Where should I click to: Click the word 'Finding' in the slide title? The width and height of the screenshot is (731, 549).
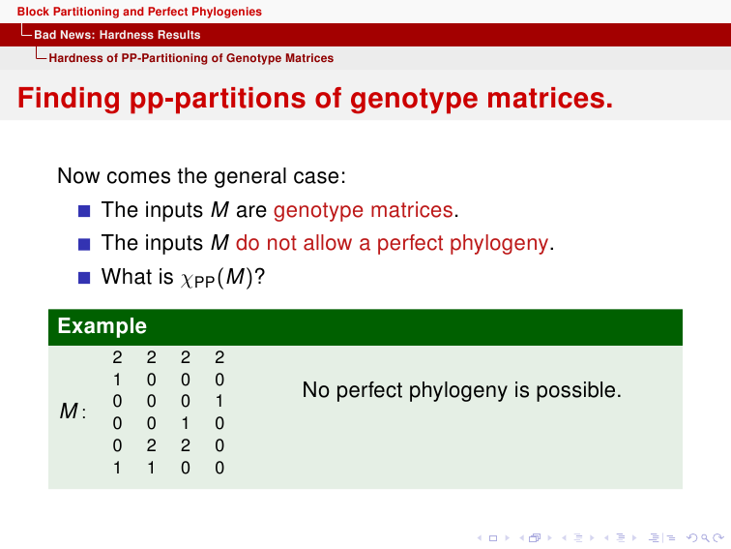point(69,99)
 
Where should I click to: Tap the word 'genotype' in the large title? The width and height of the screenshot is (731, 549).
point(414,100)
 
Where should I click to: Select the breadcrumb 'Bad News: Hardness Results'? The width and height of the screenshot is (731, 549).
point(117,35)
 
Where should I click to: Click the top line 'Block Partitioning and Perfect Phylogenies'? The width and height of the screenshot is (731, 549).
point(139,12)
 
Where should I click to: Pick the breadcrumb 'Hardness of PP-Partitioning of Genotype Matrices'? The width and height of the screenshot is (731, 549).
point(191,58)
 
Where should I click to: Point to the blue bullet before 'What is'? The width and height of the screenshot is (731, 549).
point(84,278)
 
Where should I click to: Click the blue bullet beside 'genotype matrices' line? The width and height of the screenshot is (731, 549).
point(84,211)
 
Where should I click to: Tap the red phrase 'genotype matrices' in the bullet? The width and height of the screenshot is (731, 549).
point(364,210)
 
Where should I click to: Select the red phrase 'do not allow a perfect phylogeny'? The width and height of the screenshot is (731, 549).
point(392,243)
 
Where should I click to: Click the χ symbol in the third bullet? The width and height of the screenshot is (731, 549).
point(187,279)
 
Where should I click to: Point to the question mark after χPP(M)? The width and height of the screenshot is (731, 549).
point(260,276)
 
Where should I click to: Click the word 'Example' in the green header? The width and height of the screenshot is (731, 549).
point(102,326)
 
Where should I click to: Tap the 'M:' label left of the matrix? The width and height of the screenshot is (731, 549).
point(73,412)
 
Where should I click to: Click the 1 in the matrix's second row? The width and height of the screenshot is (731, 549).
point(117,380)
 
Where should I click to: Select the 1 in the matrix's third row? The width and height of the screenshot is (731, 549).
point(219,402)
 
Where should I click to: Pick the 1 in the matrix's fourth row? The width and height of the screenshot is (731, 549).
point(185,423)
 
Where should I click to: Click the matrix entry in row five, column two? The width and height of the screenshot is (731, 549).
point(151,445)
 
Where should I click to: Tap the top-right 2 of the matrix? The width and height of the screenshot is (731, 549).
point(219,357)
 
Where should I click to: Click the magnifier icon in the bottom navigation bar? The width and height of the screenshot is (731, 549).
point(705,538)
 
